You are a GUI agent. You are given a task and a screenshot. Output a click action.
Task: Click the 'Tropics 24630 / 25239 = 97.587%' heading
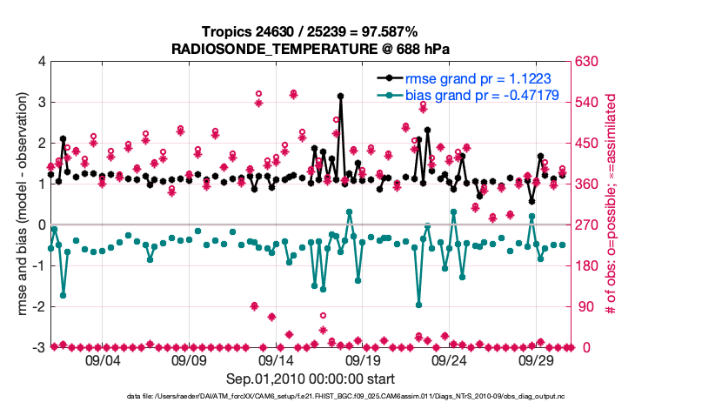(311, 31)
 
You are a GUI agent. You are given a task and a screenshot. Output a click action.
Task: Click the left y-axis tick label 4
(42, 62)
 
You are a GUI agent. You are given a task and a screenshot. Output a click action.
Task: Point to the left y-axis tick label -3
(40, 347)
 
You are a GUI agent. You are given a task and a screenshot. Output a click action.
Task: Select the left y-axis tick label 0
(42, 225)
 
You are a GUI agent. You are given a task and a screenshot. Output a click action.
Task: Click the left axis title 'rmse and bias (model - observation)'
(21, 204)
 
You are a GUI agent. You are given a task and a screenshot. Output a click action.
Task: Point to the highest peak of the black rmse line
(340, 96)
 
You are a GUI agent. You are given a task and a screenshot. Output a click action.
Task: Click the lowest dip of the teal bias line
(419, 305)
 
